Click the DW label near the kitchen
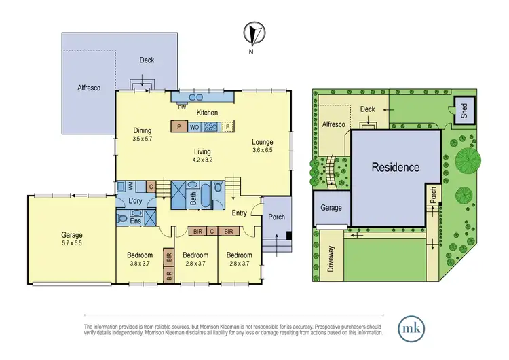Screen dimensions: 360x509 tap(182, 107)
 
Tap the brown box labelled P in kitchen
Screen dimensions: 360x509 tap(178, 126)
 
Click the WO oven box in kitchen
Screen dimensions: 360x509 tap(194, 126)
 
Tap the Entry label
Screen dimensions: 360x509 tap(239, 213)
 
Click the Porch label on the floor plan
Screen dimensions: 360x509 tap(277, 217)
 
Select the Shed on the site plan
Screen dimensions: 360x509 tap(464, 111)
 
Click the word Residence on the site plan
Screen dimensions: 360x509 tap(395, 168)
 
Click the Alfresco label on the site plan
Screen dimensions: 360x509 tap(333, 125)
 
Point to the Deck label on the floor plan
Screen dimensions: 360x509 tap(147, 60)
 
